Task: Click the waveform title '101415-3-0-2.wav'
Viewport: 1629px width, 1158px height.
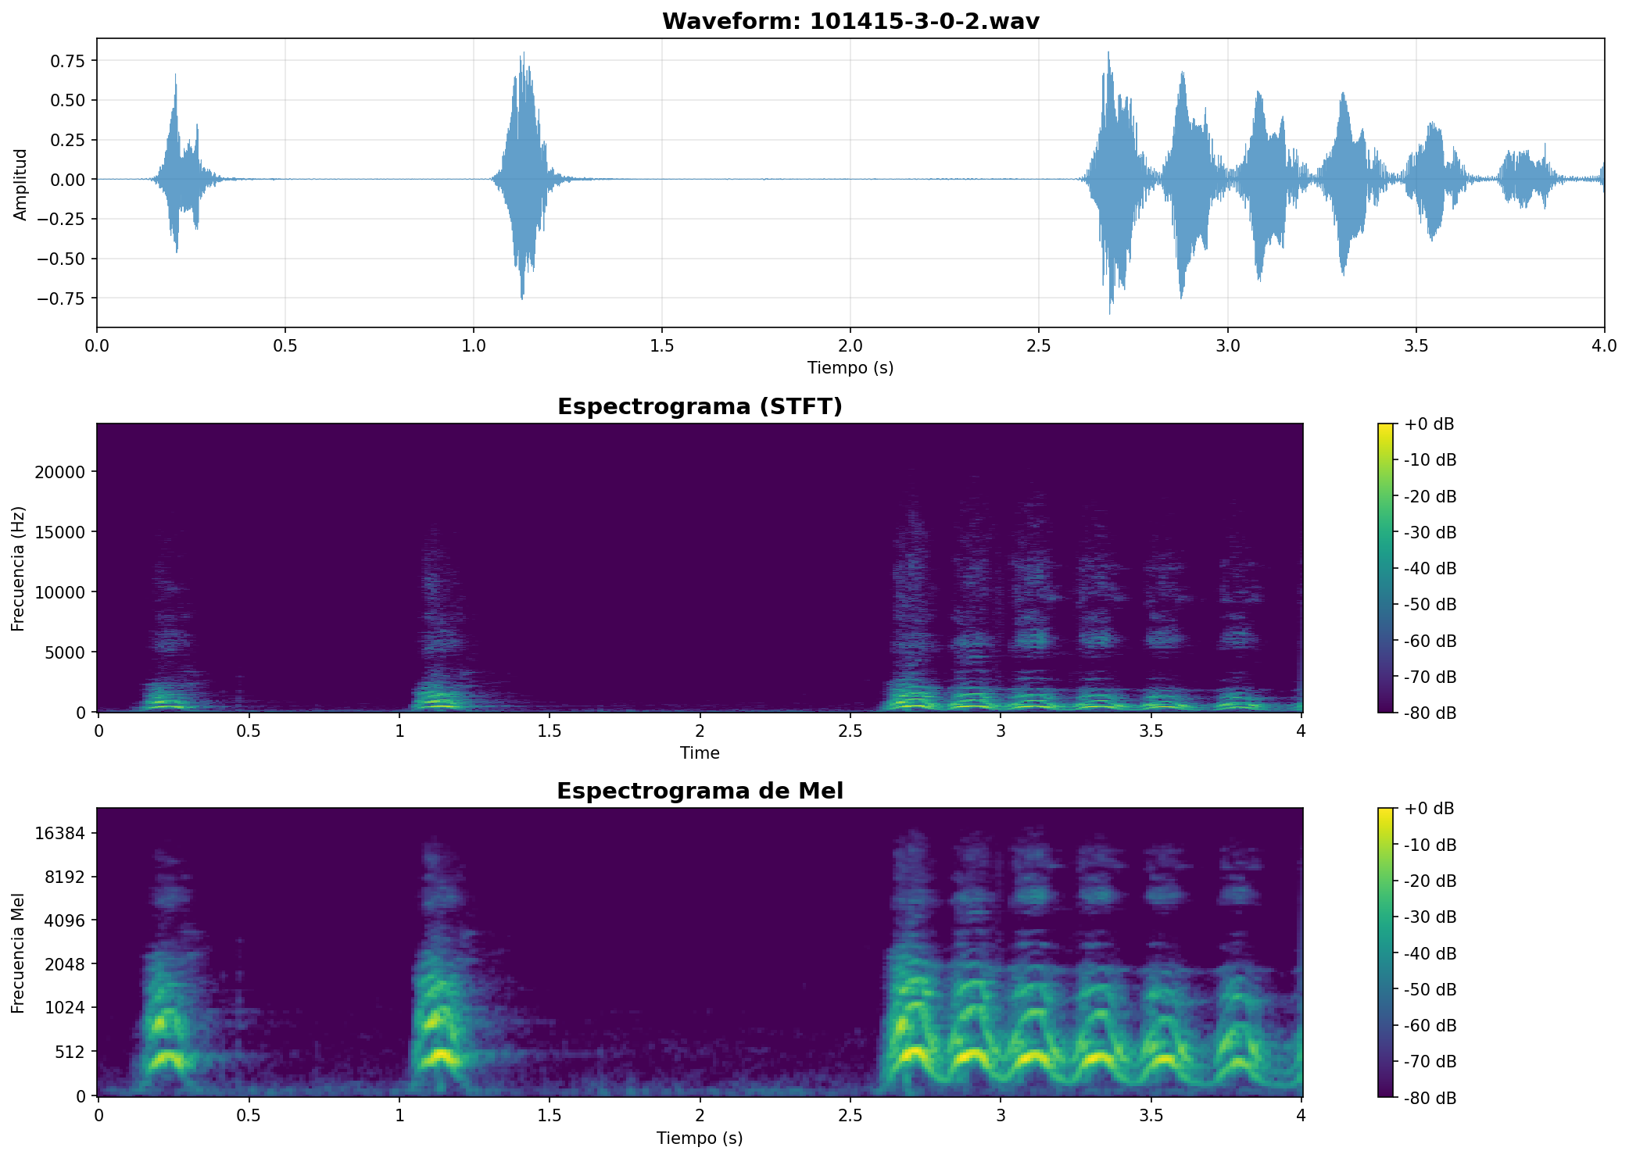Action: (924, 21)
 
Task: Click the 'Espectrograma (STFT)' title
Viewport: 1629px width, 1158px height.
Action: (700, 406)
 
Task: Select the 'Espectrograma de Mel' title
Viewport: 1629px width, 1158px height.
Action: (700, 791)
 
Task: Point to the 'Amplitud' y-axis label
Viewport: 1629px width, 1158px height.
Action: (20, 184)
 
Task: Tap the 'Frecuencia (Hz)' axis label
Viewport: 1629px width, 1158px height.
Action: (19, 568)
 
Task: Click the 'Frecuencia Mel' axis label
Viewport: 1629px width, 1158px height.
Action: (19, 952)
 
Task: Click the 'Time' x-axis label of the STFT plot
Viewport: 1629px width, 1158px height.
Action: (700, 753)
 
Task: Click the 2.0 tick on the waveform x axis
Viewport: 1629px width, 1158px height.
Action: (850, 344)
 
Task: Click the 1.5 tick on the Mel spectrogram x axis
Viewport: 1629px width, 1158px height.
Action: (549, 1113)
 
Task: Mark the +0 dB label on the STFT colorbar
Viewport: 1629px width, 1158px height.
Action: (1429, 424)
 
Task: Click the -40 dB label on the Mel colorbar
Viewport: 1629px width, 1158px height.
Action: (1430, 953)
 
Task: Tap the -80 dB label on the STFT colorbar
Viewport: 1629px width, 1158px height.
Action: (1430, 713)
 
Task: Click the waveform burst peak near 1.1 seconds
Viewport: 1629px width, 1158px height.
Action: (523, 55)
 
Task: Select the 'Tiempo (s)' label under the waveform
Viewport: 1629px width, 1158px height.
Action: (850, 367)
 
